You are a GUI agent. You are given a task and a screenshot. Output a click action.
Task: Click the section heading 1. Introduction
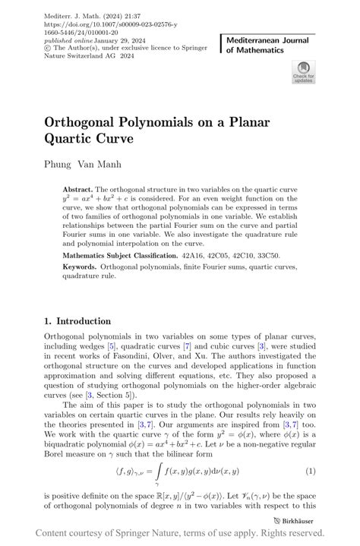click(77, 321)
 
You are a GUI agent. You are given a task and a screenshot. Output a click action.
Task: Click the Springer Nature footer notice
click(179, 533)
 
